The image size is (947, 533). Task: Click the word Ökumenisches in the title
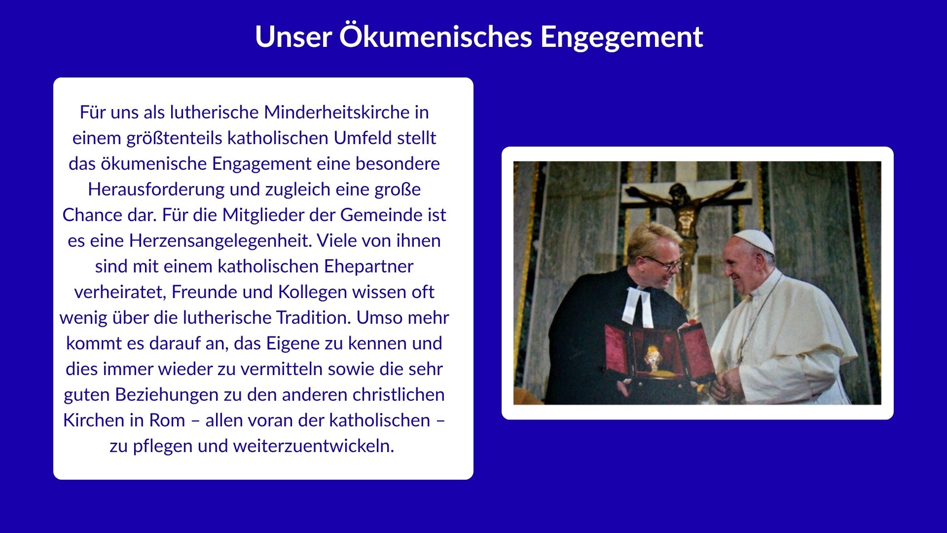pos(436,36)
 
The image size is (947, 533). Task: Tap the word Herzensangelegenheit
pos(220,241)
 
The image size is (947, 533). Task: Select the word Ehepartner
pos(368,266)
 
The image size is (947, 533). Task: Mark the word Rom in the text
pos(167,420)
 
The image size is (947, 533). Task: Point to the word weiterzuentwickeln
pos(314,446)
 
